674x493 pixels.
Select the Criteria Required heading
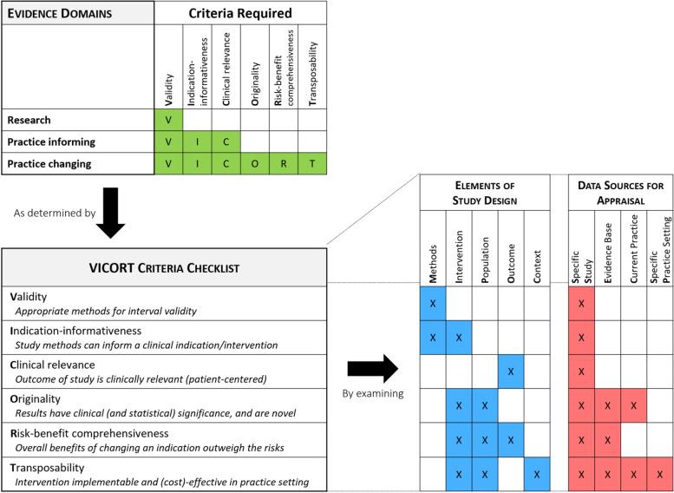240,14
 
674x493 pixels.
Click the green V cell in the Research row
168,119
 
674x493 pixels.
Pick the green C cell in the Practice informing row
226,141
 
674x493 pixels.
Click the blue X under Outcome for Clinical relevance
509,372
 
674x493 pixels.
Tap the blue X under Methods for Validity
433,305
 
